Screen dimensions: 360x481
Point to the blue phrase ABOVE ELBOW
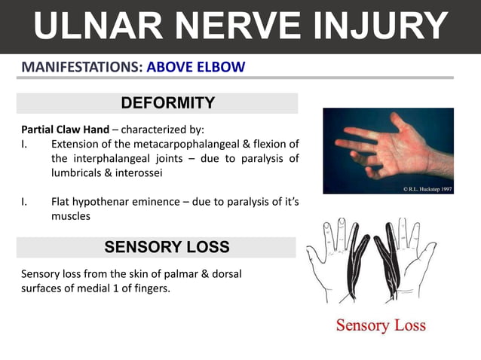point(196,66)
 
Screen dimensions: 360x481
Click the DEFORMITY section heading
point(167,103)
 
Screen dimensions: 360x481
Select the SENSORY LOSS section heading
point(167,247)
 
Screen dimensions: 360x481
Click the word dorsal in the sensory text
point(225,273)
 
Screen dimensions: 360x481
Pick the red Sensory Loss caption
point(381,325)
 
